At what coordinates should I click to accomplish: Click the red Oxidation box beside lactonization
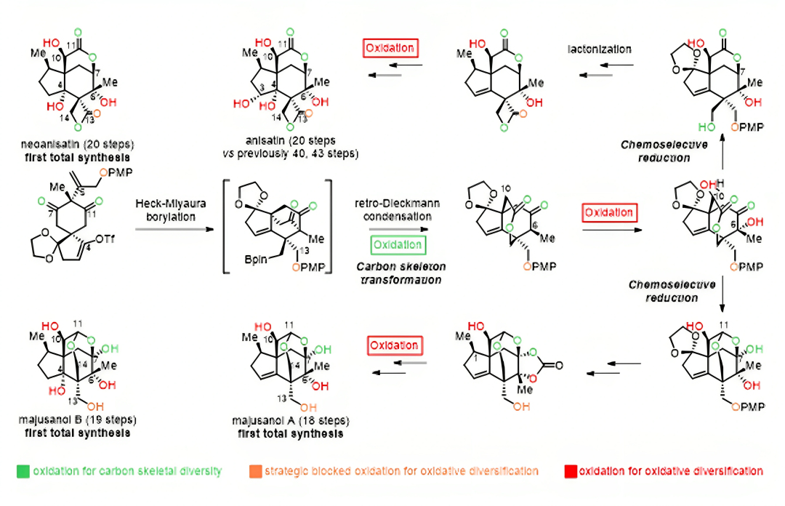pyautogui.click(x=391, y=49)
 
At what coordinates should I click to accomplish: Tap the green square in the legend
pyautogui.click(x=23, y=471)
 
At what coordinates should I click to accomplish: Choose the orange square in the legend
pyautogui.click(x=254, y=471)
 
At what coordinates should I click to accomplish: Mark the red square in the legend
pyautogui.click(x=570, y=471)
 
